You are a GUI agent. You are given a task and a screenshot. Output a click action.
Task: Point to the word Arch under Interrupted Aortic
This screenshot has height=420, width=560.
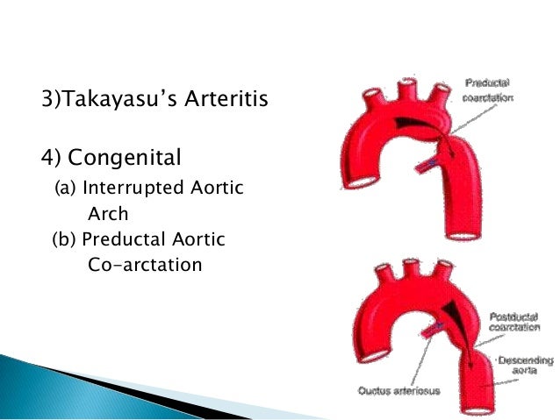pos(108,213)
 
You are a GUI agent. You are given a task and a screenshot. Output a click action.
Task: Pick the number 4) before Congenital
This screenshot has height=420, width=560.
pos(52,158)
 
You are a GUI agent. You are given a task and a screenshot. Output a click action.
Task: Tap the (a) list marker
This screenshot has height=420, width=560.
pos(64,189)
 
